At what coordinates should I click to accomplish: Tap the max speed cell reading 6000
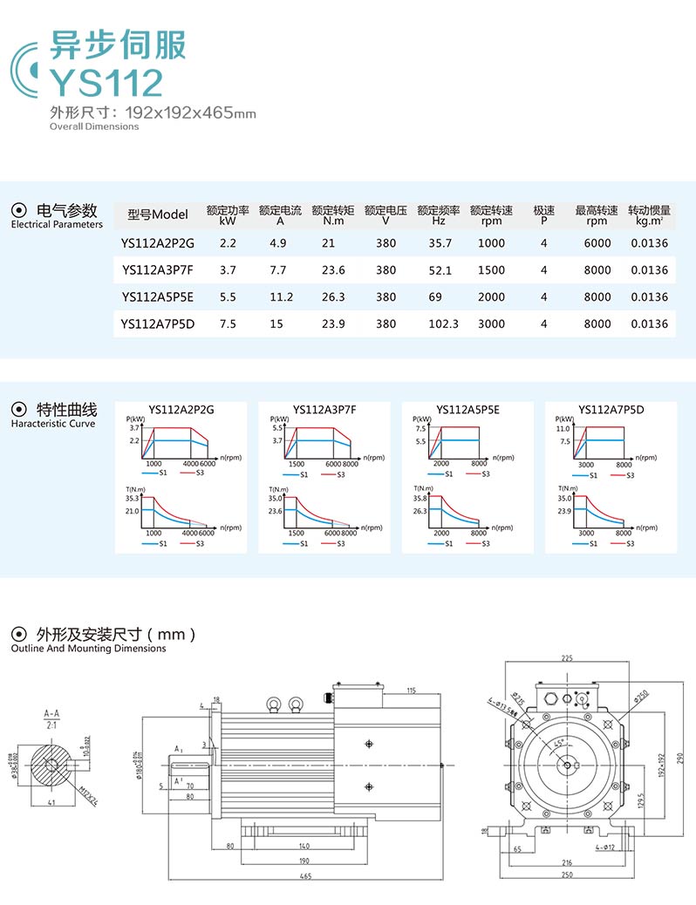pos(597,243)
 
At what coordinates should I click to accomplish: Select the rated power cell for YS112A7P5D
pos(228,324)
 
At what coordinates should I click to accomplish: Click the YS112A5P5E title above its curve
pos(467,409)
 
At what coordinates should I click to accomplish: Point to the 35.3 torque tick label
pos(133,498)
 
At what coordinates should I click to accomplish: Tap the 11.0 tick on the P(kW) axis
pos(563,429)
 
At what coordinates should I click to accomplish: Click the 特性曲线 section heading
pos(67,410)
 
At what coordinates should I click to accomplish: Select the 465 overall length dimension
pos(304,876)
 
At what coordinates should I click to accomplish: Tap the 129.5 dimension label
pos(642,800)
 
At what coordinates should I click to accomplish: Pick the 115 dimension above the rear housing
pos(410,691)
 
